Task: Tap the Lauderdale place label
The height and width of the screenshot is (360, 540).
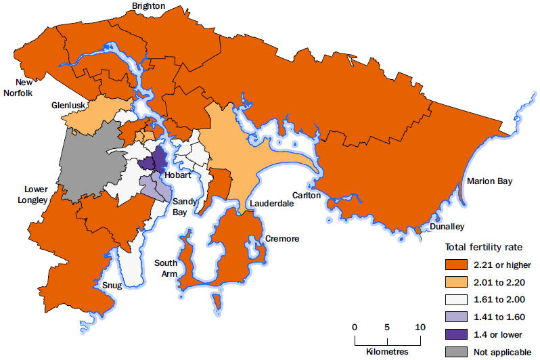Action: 271,203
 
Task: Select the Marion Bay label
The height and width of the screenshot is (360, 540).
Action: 490,181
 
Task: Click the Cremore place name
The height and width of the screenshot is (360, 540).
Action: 282,239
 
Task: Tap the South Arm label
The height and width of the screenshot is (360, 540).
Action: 166,267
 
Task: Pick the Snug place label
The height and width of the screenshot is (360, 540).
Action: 112,286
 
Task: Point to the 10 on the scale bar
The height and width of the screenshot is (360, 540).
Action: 420,328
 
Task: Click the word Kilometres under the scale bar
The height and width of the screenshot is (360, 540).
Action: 387,352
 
